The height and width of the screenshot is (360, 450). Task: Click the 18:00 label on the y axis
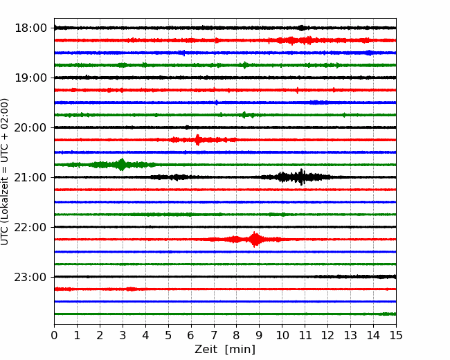(x=30, y=28)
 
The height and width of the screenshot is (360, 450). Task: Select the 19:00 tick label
(x=30, y=78)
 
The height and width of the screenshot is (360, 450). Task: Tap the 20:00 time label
(x=30, y=128)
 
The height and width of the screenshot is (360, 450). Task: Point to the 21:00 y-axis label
(x=30, y=177)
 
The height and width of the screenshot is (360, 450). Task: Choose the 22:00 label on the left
(x=30, y=227)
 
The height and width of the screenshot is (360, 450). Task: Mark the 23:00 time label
(x=30, y=278)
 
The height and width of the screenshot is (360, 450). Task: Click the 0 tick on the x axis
(x=54, y=335)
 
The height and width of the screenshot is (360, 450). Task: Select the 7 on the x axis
(x=214, y=335)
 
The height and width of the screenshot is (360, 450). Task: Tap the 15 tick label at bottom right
(x=396, y=335)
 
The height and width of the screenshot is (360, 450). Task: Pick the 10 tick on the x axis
(x=282, y=335)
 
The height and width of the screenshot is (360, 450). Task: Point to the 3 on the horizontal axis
(x=123, y=335)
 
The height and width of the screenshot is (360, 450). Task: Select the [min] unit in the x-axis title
(x=240, y=350)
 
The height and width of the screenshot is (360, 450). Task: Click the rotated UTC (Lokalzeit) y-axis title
(x=5, y=172)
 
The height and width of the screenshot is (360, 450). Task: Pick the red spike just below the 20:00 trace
(x=197, y=140)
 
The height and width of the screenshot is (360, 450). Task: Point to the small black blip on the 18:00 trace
(x=301, y=28)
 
